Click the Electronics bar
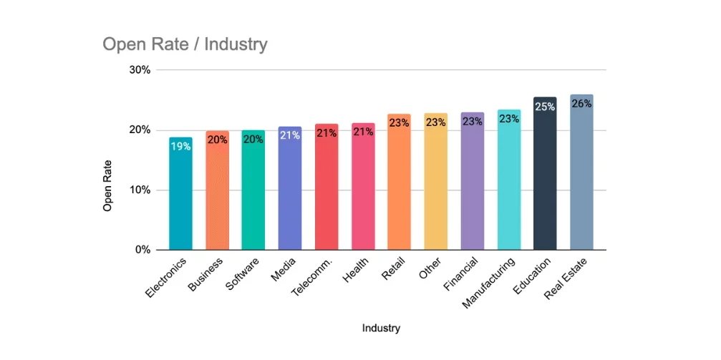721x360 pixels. click(180, 193)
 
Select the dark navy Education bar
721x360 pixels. click(545, 173)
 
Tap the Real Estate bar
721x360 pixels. click(581, 172)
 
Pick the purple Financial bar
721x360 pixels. click(473, 181)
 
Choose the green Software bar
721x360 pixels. click(253, 190)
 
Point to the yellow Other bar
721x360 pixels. click(436, 182)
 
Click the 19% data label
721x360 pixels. click(180, 147)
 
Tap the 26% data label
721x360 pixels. click(581, 104)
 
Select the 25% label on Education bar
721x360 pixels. click(545, 107)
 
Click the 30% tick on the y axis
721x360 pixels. click(140, 70)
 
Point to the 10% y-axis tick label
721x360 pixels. click(140, 190)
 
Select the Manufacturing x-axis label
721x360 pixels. click(488, 283)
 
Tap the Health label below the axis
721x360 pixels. click(355, 269)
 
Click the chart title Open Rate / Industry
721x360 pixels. click(185, 44)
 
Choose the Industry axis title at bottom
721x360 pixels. click(381, 329)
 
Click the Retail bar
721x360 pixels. click(399, 182)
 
